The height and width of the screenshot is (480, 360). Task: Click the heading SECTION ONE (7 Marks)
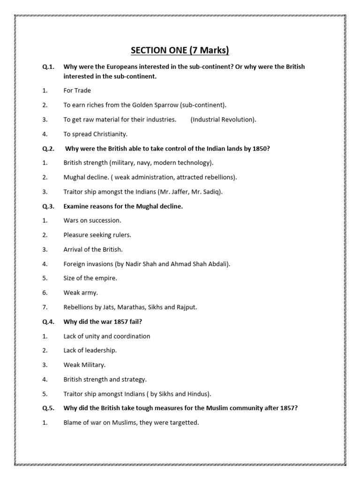tap(180, 51)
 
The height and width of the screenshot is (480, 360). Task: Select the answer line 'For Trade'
tap(77, 90)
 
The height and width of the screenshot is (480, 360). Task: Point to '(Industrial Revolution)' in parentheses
tap(224, 120)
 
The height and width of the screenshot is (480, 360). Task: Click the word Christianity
tap(109, 134)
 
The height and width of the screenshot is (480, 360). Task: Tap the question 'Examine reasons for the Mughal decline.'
tap(123, 206)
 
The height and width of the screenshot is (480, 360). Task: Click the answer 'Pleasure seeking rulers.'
tap(97, 235)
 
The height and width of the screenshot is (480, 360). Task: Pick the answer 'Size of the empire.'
tap(90, 278)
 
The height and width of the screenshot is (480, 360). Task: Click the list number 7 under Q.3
tap(45, 307)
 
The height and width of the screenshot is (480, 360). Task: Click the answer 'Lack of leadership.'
tap(90, 350)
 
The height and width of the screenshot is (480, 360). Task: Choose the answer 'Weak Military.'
tap(85, 365)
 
